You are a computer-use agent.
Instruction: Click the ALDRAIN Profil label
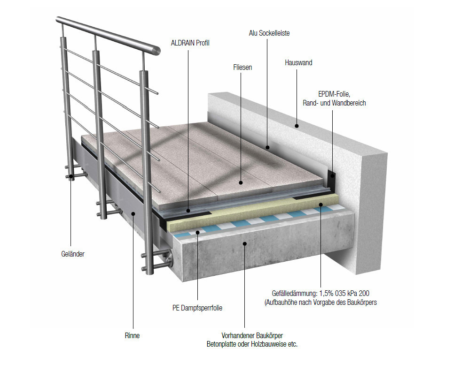pos(190,43)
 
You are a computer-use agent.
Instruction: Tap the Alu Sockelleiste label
pos(269,33)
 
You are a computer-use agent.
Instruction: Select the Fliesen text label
pos(242,67)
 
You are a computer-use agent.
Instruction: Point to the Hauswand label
pos(298,62)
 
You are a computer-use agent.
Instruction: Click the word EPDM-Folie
pos(334,94)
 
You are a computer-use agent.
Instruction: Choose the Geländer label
pos(73,254)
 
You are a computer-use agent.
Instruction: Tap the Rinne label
pos(133,335)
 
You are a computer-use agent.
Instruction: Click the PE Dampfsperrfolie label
pos(197,308)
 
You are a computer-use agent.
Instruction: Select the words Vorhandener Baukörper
pos(252,335)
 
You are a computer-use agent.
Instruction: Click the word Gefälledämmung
pos(294,294)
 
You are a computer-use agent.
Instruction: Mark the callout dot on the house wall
pos(297,126)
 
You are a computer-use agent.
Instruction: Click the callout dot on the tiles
pos(241,182)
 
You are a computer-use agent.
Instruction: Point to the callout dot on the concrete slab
pos(245,243)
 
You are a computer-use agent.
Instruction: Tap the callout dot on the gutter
pos(133,213)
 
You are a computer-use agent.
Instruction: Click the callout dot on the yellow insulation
pos(320,204)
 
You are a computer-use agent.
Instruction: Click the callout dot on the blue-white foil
pos(198,232)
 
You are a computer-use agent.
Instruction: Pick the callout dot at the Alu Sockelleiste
pos(267,148)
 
